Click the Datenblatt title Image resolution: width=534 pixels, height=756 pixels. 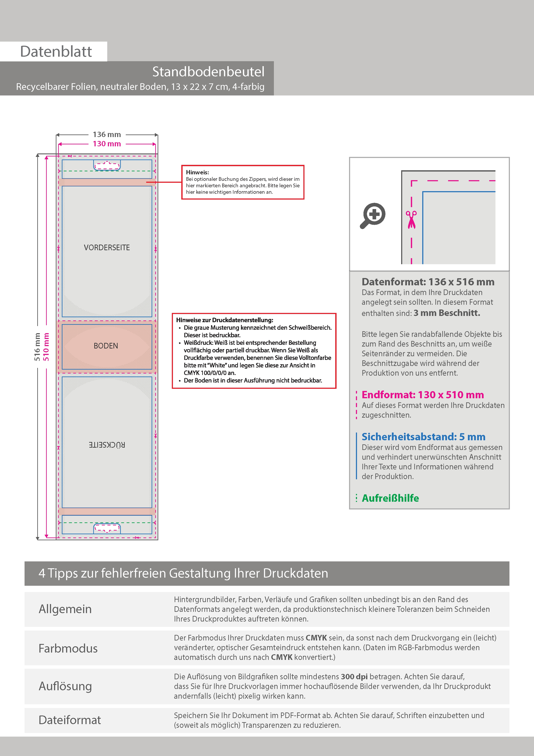point(56,52)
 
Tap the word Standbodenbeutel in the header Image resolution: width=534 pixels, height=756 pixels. point(208,72)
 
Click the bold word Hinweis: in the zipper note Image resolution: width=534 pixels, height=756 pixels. point(197,172)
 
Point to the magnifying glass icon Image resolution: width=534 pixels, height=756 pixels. point(373,216)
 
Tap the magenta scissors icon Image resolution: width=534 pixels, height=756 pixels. point(411,219)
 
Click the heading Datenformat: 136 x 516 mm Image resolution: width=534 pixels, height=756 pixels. point(428,282)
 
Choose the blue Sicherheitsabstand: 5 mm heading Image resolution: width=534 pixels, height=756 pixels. point(423,437)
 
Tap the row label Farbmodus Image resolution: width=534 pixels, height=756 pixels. point(68,648)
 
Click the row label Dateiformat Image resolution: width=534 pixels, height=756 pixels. point(70,720)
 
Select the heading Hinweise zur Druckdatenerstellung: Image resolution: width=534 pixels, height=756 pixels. point(224,320)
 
